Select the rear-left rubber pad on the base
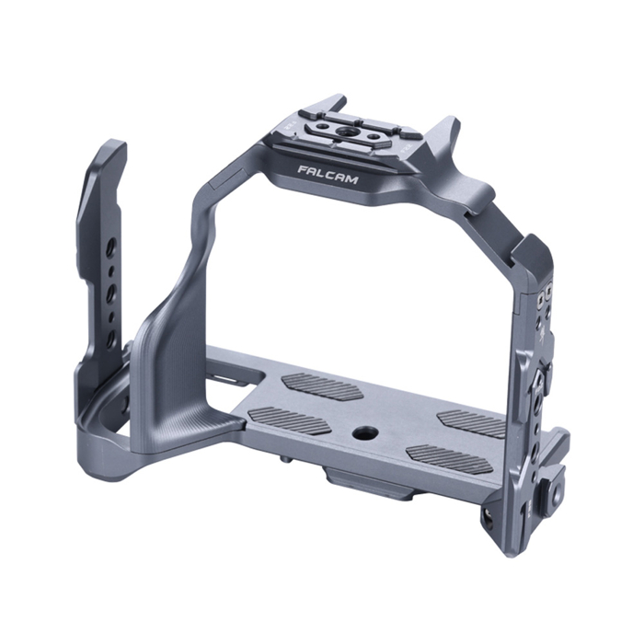(322, 386)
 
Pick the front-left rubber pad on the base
(289, 421)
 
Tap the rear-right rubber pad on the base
(472, 421)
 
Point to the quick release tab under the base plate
(359, 484)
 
